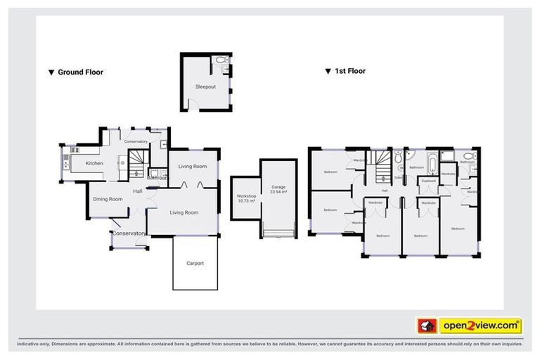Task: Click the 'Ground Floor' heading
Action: tap(80, 72)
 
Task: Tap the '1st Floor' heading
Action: tap(349, 71)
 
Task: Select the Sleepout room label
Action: tap(205, 86)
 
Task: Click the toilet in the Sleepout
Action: tap(222, 62)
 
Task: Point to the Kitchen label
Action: tap(94, 163)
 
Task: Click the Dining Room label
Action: tap(108, 199)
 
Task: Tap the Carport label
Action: tap(195, 263)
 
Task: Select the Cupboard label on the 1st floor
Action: tap(427, 181)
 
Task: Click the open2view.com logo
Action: tap(480, 326)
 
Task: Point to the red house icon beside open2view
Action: tap(426, 326)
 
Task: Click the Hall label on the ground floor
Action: tap(139, 191)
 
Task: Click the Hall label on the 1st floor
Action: tap(385, 191)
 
